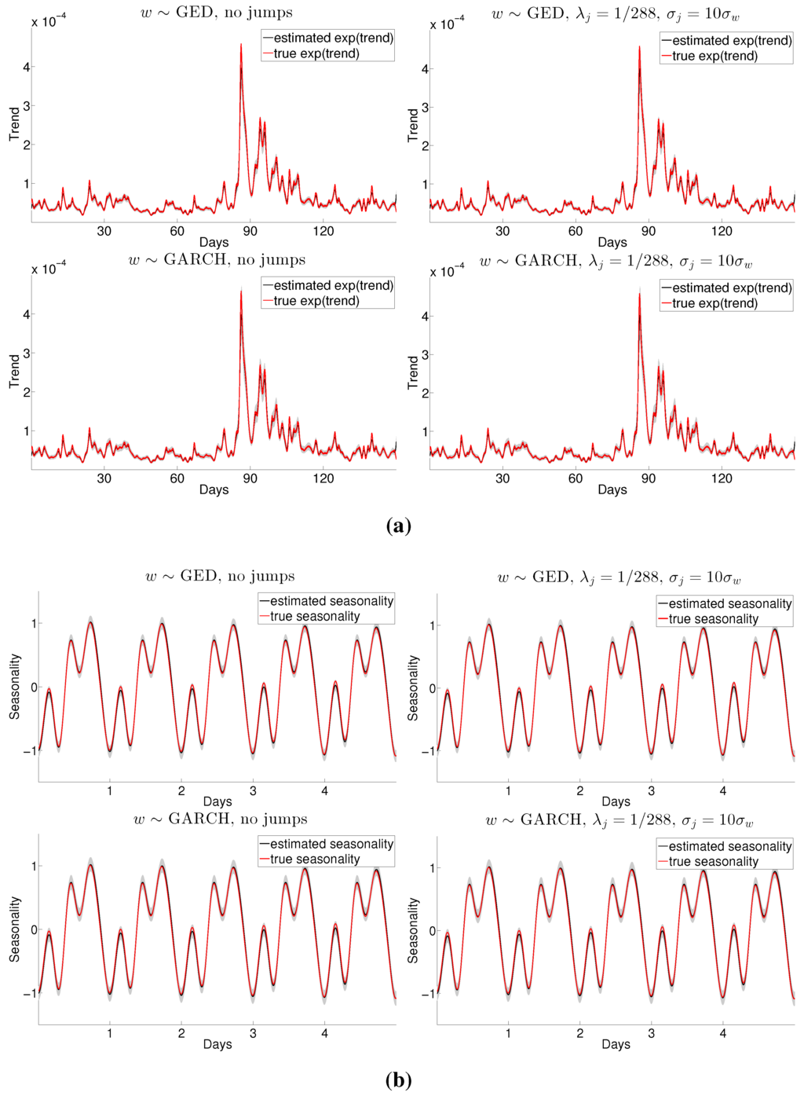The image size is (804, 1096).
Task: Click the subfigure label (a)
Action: pos(399,526)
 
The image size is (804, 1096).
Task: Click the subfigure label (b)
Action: pos(399,1080)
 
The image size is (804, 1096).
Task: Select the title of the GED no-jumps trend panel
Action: pos(216,13)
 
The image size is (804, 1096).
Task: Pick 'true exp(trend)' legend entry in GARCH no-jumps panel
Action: pos(316,301)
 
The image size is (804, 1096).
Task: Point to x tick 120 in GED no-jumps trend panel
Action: pos(323,231)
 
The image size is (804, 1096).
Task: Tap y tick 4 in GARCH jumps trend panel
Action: pos(426,317)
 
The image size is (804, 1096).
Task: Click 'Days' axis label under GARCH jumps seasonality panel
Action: pos(616,1044)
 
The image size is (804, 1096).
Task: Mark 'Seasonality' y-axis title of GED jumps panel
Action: pos(413,688)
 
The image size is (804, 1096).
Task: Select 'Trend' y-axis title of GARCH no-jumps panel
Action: pos(14,371)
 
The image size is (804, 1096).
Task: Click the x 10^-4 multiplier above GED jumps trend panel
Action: pos(447,24)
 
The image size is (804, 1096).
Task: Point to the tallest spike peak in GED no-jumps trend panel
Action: pos(241,45)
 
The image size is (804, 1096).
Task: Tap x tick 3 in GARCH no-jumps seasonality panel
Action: pos(253,1034)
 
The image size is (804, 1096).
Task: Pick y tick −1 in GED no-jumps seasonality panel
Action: pos(29,751)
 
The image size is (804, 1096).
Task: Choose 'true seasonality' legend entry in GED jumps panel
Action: pos(714,619)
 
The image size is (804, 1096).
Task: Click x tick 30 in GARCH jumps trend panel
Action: pos(502,478)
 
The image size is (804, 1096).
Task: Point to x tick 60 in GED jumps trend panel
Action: pos(576,231)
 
